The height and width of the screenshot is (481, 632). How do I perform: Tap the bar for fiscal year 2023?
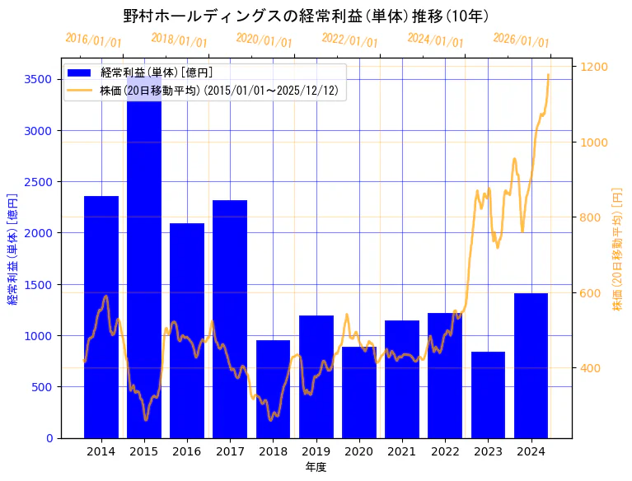coord(488,395)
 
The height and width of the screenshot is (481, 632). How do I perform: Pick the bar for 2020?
coord(359,392)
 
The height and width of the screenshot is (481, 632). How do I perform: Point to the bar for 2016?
coord(187,330)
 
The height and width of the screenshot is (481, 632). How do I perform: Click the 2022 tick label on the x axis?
coord(445,451)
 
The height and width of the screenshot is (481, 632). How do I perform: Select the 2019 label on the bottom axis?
coord(316,451)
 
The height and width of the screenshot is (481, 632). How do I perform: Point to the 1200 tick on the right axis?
coord(595,67)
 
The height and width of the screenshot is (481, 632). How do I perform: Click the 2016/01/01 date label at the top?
coord(93,40)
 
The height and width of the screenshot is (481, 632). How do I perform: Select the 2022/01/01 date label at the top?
coord(350,40)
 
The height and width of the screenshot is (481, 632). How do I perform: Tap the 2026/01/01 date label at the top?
coord(522,40)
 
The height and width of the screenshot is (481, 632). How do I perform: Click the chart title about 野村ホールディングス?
coord(306,16)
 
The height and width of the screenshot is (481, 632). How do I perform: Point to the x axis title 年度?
coord(316,467)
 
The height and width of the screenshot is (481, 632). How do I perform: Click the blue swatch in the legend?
coord(82,73)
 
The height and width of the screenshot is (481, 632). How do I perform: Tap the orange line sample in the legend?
coord(82,90)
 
